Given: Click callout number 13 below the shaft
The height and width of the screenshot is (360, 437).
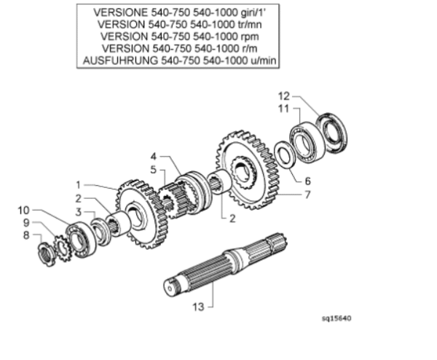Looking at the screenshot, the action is [x=198, y=307].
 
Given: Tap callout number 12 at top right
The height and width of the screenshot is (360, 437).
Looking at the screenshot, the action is [x=284, y=96].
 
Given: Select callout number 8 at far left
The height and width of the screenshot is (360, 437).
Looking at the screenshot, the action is [x=26, y=235].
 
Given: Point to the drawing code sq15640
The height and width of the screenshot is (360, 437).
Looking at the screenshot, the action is [x=336, y=318].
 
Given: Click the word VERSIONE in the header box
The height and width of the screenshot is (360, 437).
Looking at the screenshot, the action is [x=121, y=12].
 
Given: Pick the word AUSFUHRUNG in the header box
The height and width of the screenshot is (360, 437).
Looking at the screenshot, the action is [x=120, y=60].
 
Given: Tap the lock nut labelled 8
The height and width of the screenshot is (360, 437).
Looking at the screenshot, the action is [x=46, y=254].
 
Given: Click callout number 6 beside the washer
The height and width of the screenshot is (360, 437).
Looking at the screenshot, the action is [x=307, y=181].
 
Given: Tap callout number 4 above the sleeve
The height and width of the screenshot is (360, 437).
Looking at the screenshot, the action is [x=154, y=157].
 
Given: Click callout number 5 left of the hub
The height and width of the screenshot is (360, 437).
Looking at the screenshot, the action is [x=154, y=170].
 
